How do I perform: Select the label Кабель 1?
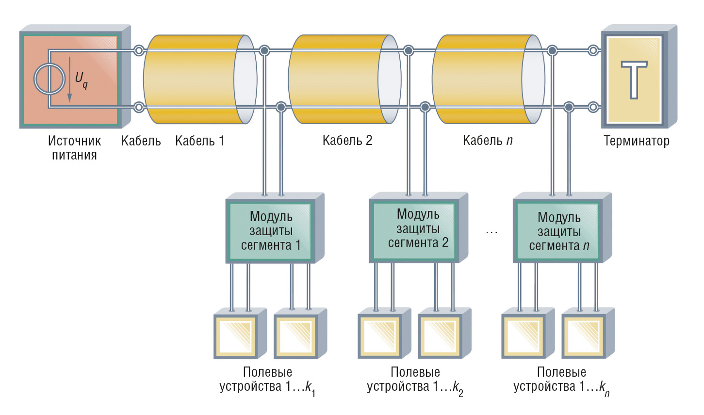click(199, 141)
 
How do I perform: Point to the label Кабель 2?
click(347, 141)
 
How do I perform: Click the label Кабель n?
click(488, 141)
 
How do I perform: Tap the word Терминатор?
click(636, 141)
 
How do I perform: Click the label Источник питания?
click(74, 148)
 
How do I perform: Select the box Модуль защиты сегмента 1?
click(271, 231)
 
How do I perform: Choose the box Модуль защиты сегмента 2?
click(418, 229)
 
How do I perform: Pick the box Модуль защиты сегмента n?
click(559, 232)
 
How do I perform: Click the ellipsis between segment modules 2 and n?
click(491, 232)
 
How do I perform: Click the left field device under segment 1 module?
click(236, 336)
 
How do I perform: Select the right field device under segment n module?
click(584, 336)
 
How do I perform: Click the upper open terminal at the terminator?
click(593, 50)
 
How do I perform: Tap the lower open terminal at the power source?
click(139, 107)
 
